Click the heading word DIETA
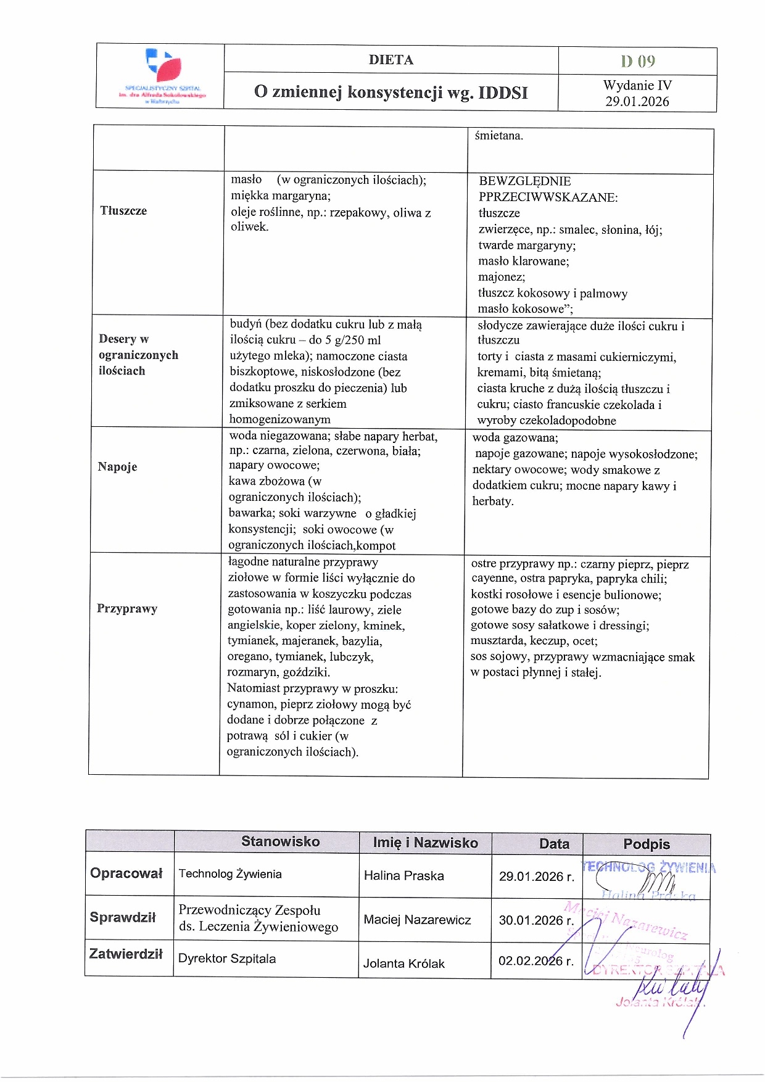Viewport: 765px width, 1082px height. point(391,60)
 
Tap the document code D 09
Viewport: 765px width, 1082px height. point(638,61)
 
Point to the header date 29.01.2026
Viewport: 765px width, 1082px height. point(637,102)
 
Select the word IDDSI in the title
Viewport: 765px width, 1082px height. point(503,93)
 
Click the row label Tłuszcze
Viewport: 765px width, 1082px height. point(123,211)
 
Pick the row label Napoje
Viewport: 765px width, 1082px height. point(117,467)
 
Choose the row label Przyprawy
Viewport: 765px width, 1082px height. point(127,609)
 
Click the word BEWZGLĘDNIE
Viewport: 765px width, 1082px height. point(525,181)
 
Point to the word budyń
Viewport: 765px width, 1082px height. point(246,324)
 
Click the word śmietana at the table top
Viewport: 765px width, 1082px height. point(498,136)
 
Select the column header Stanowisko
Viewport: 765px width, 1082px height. point(280,841)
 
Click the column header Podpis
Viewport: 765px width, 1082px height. point(647,844)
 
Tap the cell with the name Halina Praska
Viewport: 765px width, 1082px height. point(404,875)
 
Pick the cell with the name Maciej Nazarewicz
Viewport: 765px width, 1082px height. point(417,920)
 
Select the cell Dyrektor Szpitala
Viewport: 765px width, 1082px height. point(227,959)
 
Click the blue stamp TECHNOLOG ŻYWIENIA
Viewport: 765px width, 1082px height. point(648,867)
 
